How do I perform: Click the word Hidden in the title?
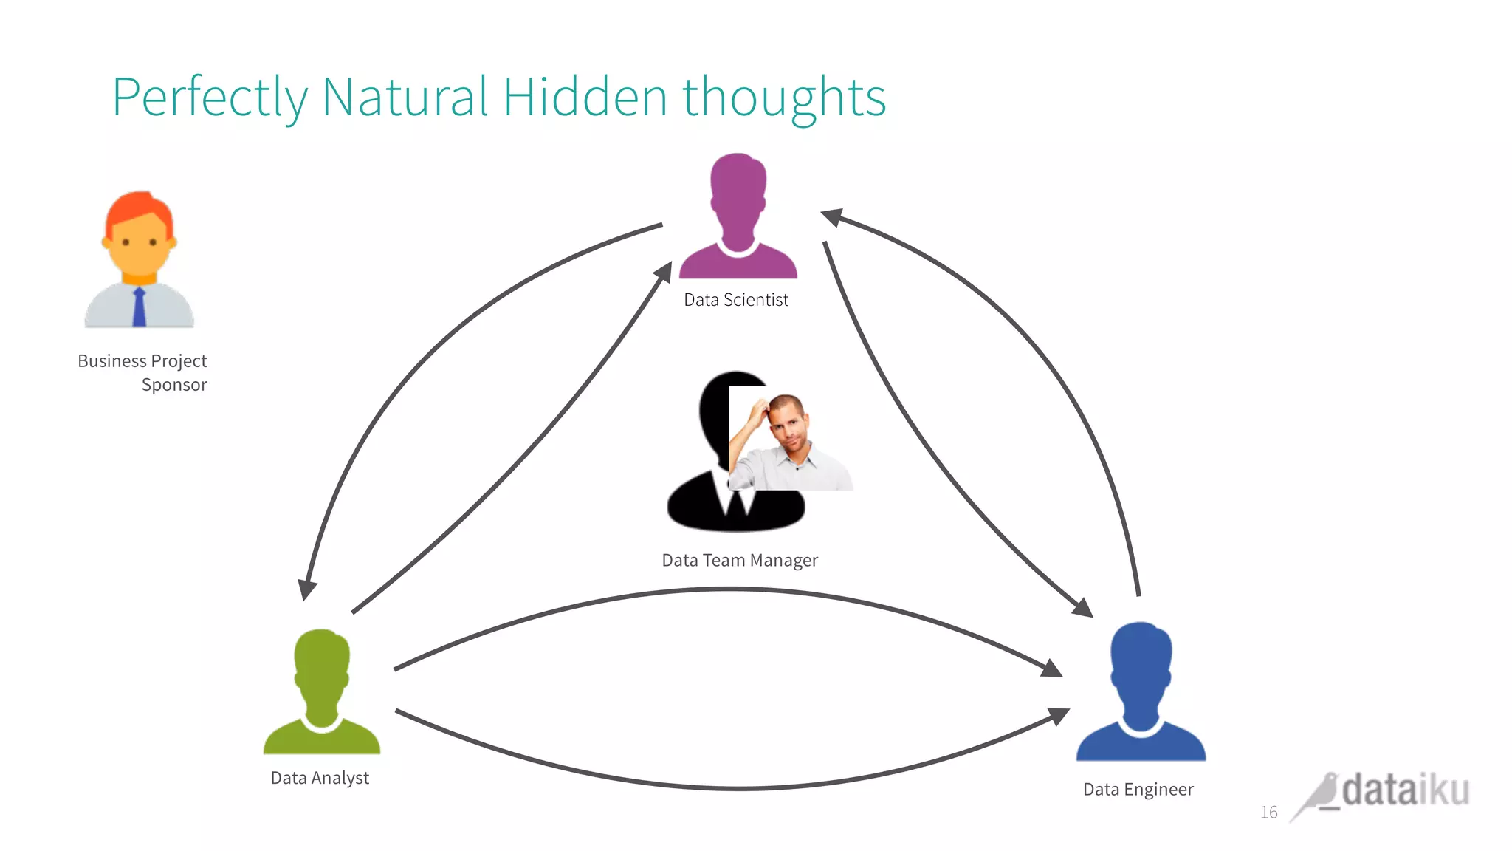pyautogui.click(x=585, y=98)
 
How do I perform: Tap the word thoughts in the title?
pyautogui.click(x=783, y=98)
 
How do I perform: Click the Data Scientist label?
pyautogui.click(x=736, y=300)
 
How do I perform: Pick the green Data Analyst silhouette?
pyautogui.click(x=322, y=694)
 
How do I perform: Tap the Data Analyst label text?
pyautogui.click(x=320, y=778)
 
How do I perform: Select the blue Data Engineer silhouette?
pyautogui.click(x=1141, y=694)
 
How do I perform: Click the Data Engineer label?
pyautogui.click(x=1138, y=790)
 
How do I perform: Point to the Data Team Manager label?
pyautogui.click(x=740, y=561)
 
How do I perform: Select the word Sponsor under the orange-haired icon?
pyautogui.click(x=174, y=385)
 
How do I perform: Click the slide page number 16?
pyautogui.click(x=1268, y=813)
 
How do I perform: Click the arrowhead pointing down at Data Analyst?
pyautogui.click(x=306, y=589)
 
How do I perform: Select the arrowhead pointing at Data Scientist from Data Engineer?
pyautogui.click(x=832, y=216)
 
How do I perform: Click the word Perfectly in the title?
pyautogui.click(x=210, y=98)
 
